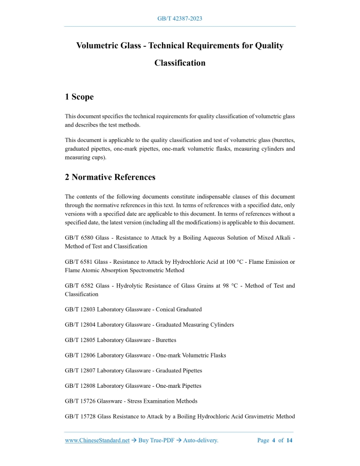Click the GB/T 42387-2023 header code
(179, 19)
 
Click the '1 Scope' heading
(79, 97)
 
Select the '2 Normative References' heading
(110, 177)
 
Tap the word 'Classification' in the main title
(179, 63)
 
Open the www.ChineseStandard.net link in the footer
(97, 440)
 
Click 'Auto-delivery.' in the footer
(201, 440)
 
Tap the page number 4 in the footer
(274, 440)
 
